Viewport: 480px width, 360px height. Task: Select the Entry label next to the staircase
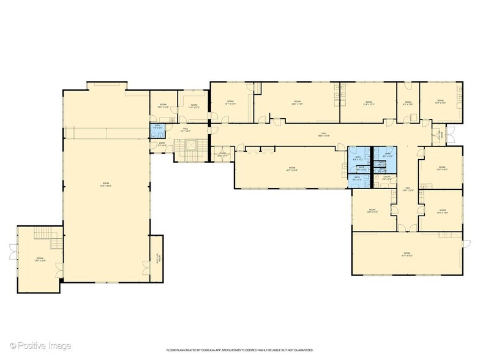[x=160, y=145]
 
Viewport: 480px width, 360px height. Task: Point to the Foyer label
[x=223, y=155]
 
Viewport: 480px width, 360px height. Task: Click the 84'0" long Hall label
[x=324, y=134]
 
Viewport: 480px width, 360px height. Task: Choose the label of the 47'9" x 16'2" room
[x=407, y=254]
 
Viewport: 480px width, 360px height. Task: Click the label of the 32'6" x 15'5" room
[x=298, y=103]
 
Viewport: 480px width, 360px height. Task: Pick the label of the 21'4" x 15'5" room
[x=369, y=103]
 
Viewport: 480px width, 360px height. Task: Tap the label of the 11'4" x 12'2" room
[x=194, y=107]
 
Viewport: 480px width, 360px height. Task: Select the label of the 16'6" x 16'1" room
[x=442, y=169]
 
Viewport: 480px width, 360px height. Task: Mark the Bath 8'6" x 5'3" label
[x=357, y=178]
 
